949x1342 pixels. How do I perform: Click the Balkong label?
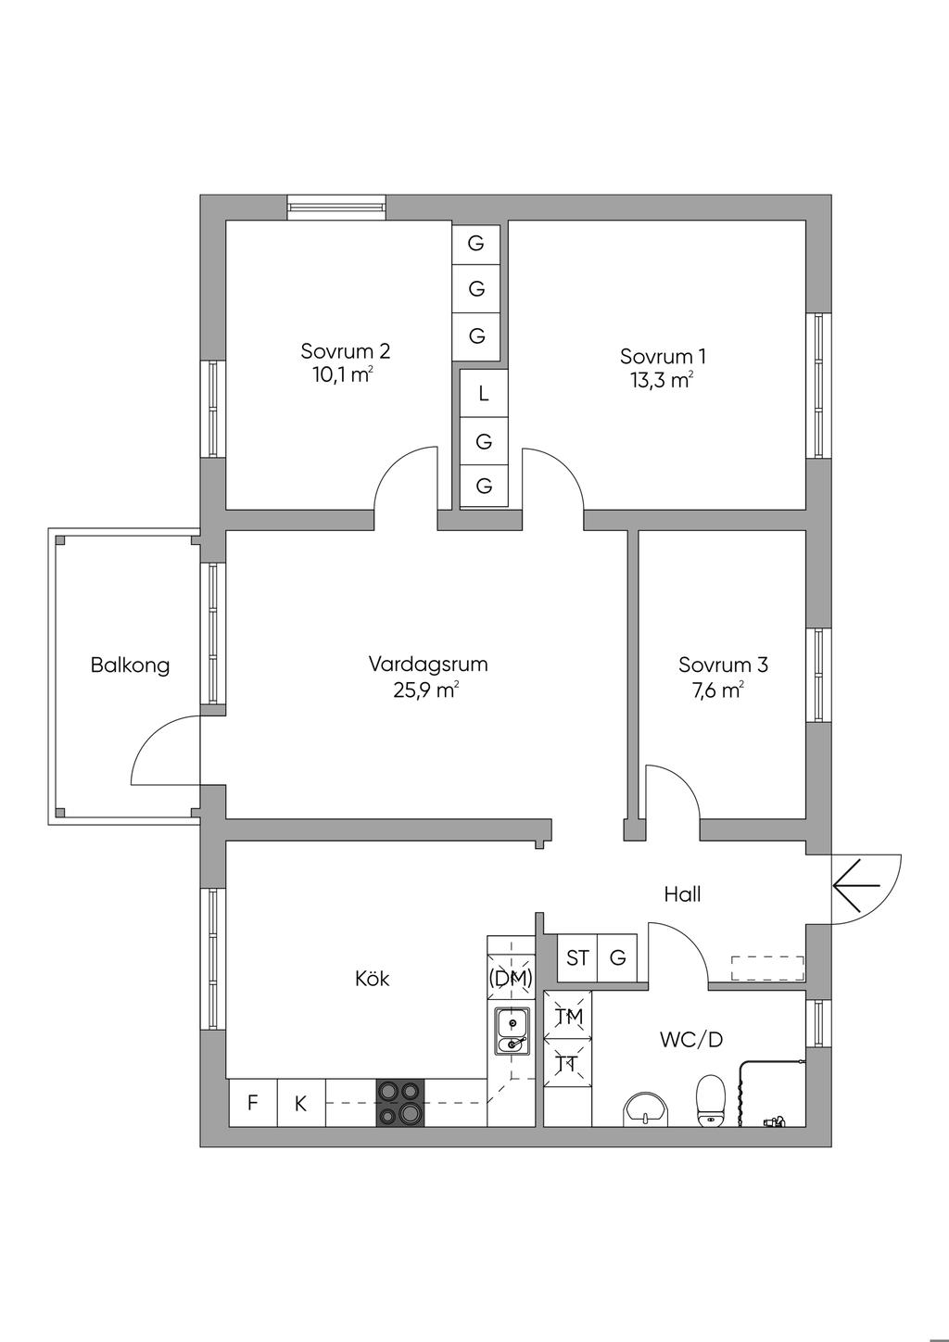pos(130,665)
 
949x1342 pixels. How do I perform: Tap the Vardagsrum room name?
pos(427,664)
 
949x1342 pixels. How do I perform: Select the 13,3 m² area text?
pos(663,379)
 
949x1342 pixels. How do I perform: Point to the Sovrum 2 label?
pos(345,351)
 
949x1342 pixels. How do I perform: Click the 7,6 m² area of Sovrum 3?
pos(722,690)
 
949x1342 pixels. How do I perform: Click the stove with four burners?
pos(399,1103)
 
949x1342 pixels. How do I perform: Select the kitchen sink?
pos(511,1032)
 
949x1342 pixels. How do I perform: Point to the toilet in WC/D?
pos(710,1100)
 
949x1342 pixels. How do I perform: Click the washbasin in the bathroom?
pos(645,1108)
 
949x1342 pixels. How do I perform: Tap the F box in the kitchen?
pos(252,1103)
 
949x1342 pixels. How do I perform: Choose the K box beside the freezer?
pos(300,1103)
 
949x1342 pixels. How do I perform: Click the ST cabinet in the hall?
pos(577,957)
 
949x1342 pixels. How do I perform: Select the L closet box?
pos(483,393)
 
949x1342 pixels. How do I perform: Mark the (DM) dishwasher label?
pos(511,977)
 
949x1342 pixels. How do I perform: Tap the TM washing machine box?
pos(567,1017)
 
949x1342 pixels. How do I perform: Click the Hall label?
pos(682,894)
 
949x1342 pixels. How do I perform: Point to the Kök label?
pos(373,978)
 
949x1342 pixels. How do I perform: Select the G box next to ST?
pos(618,957)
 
